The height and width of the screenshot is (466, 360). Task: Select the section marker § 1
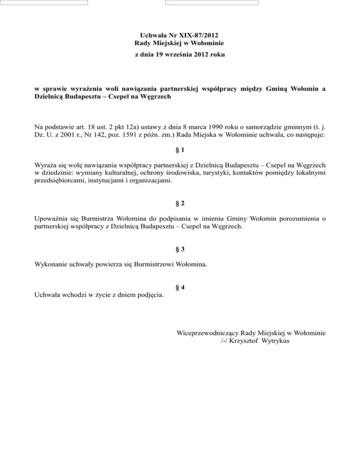[x=180, y=151]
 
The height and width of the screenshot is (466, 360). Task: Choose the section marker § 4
[x=180, y=287]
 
